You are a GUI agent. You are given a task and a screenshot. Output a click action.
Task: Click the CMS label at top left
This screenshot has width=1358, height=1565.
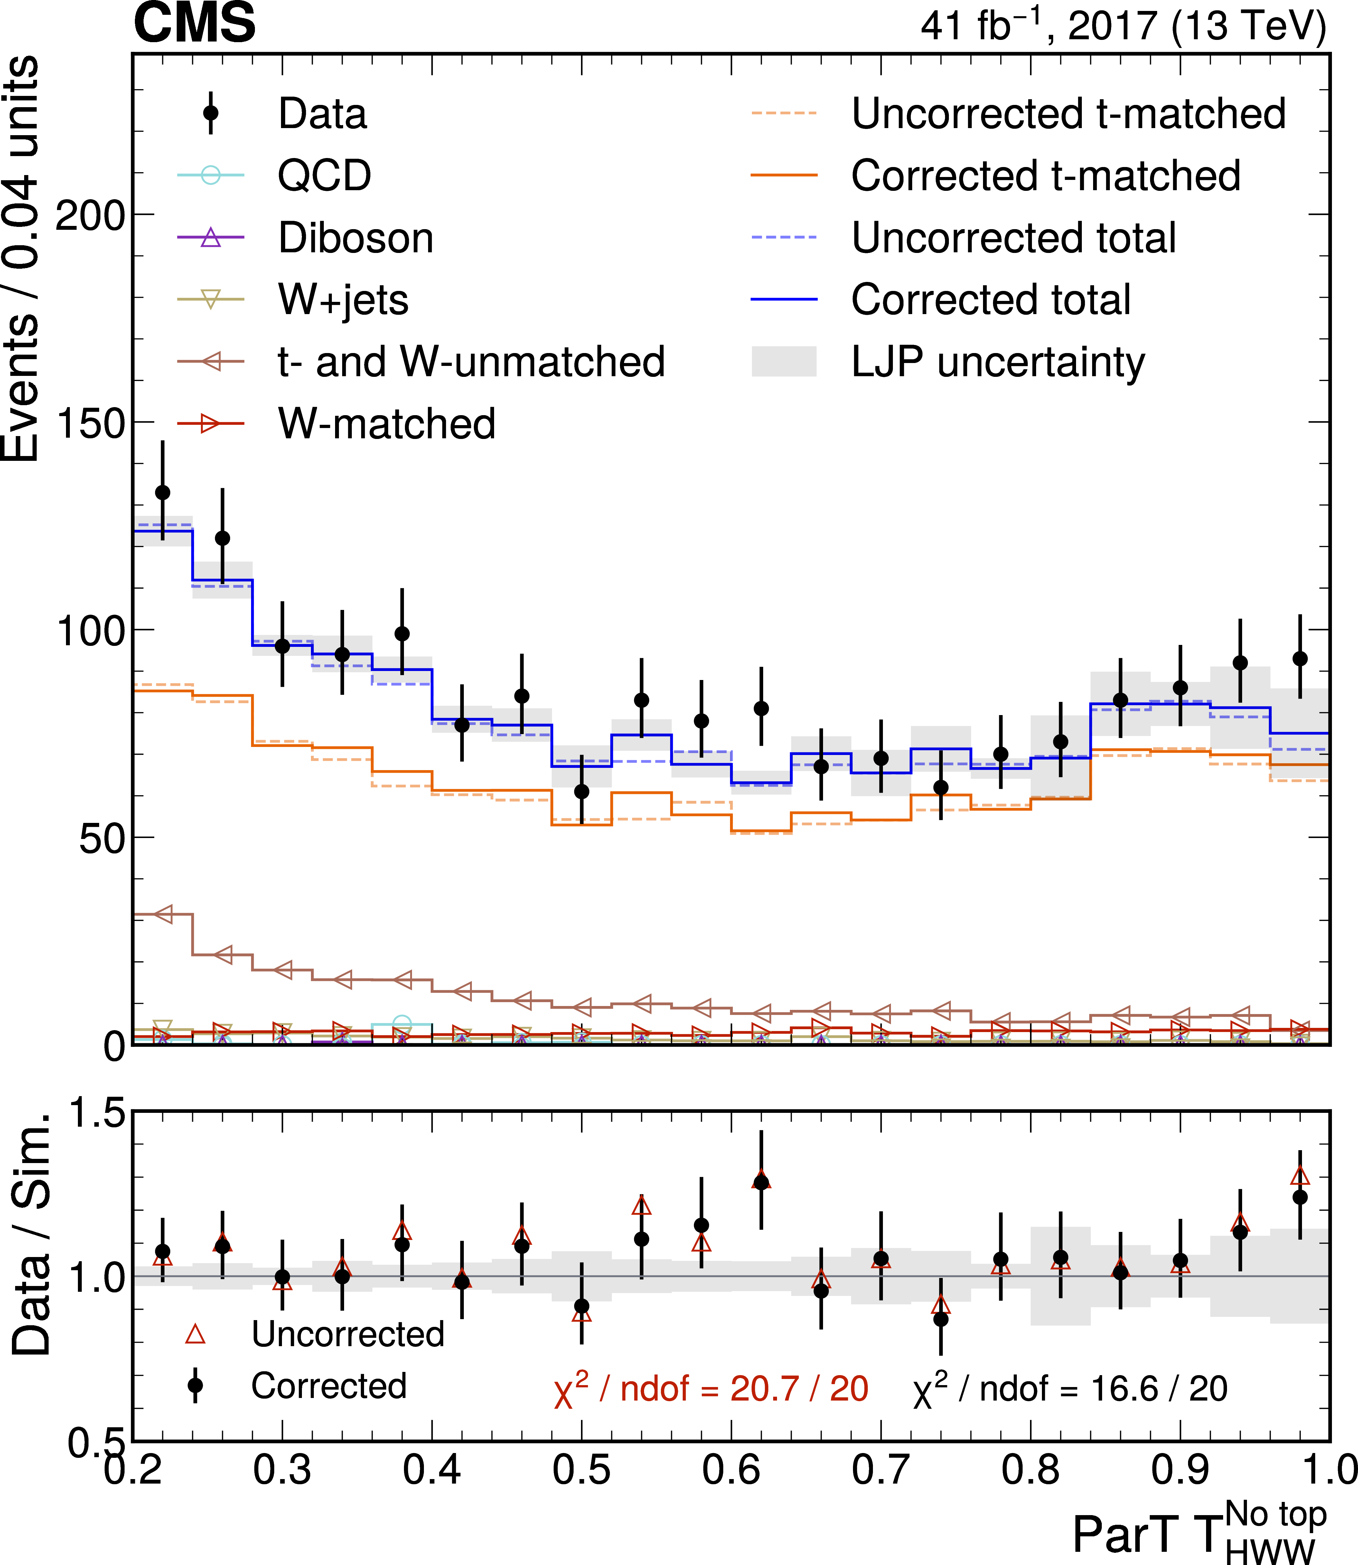click(195, 23)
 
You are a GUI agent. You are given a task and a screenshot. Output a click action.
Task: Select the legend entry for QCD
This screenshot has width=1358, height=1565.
click(324, 176)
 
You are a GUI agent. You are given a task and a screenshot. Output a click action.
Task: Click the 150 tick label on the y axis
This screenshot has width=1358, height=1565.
click(89, 424)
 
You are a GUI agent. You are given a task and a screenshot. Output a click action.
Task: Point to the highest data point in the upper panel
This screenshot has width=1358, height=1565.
click(162, 492)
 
